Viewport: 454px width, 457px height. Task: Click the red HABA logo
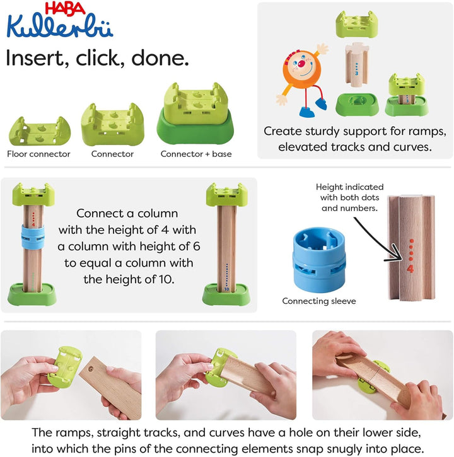coord(65,9)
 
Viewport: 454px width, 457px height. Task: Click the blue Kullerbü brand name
coord(60,26)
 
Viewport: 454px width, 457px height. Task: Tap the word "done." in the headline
coord(160,58)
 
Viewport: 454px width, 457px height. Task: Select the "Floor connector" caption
coord(39,154)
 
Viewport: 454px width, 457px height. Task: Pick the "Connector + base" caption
coord(196,154)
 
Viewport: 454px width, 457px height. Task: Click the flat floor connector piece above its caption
coord(40,131)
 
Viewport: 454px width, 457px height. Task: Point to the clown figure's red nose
coord(301,63)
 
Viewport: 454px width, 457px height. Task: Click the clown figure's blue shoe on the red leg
coord(322,104)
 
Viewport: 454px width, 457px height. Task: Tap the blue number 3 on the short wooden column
coord(356,73)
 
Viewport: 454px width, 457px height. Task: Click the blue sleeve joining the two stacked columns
coord(33,236)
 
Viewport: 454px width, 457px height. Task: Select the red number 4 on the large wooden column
coord(410,269)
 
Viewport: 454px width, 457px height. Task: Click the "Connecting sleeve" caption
coord(319,301)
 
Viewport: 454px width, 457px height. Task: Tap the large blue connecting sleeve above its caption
coord(319,260)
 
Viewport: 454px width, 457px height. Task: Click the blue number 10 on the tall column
coord(226,289)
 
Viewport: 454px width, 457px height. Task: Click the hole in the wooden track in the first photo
coord(90,369)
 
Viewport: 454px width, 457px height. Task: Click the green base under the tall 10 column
coord(226,295)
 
